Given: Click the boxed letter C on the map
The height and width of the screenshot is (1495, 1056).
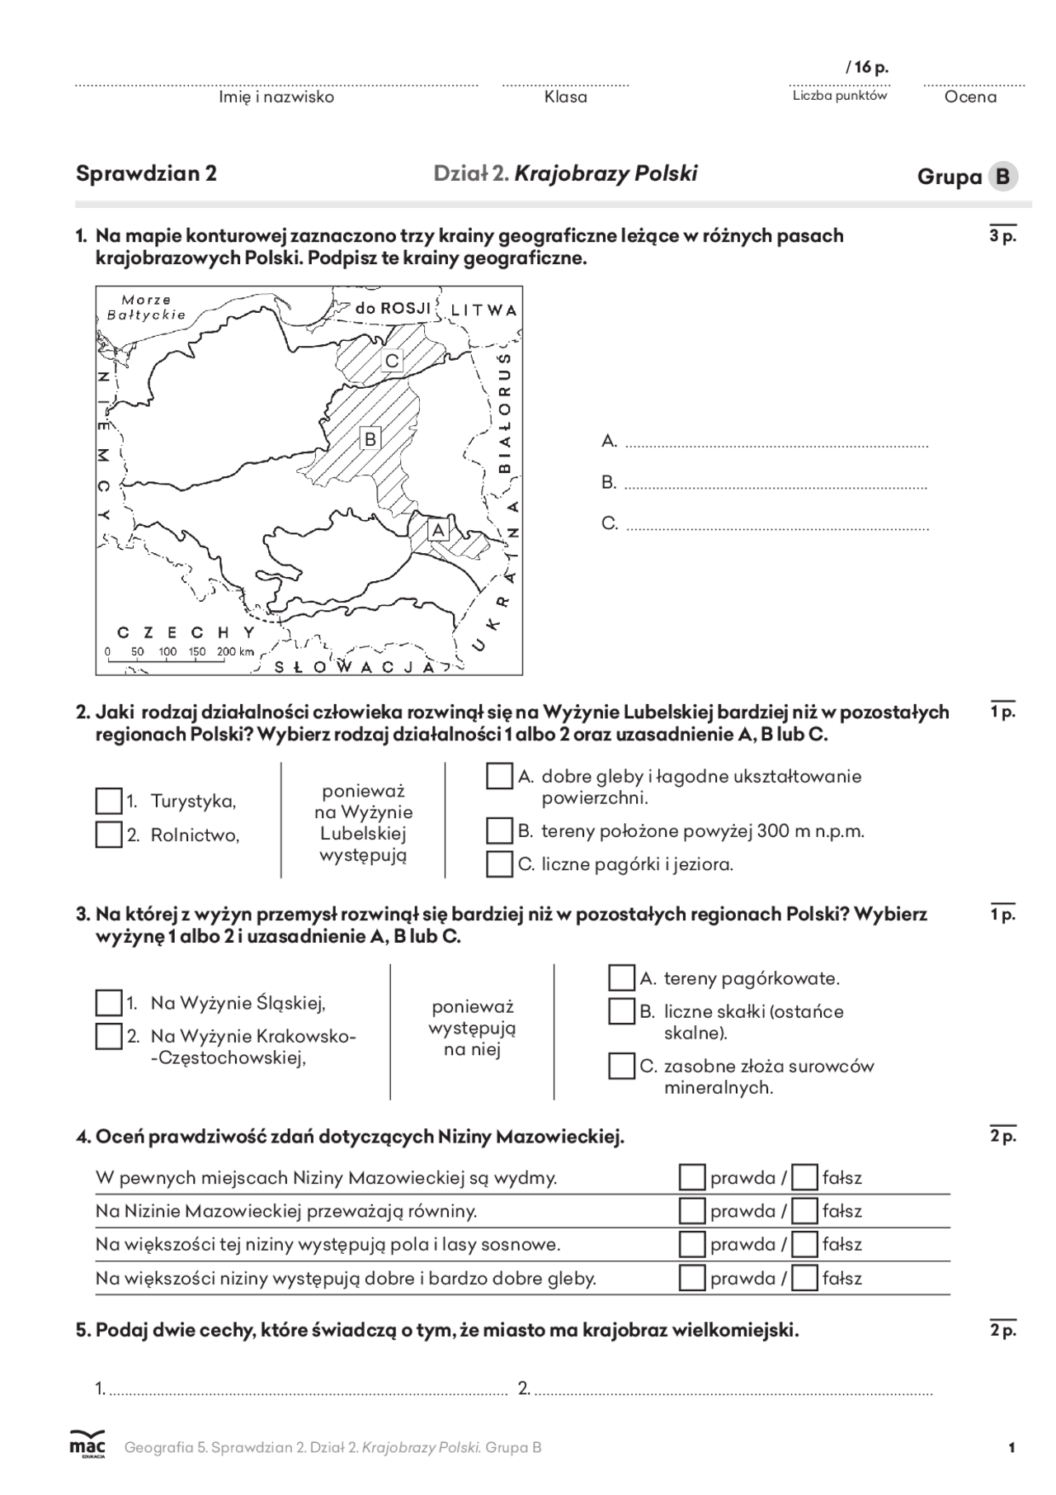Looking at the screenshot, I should click(x=392, y=361).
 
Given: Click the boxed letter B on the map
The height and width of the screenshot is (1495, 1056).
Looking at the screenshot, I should click(x=370, y=438).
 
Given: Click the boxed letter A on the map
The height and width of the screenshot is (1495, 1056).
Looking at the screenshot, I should click(x=437, y=529).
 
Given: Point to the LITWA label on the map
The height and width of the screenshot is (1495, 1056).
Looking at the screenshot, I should click(x=483, y=310).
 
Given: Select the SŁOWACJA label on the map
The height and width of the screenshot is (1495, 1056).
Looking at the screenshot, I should click(x=355, y=667).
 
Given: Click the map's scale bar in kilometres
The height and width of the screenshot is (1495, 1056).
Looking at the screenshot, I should click(x=180, y=652).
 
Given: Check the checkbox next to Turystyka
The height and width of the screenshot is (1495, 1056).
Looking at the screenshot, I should click(x=109, y=801).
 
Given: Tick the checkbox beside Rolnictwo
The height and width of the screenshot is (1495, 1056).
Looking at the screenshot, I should click(x=109, y=835).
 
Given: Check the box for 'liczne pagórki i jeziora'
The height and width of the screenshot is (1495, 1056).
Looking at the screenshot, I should click(x=499, y=864).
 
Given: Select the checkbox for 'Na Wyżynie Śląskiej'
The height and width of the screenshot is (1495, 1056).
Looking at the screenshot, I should click(x=109, y=1003).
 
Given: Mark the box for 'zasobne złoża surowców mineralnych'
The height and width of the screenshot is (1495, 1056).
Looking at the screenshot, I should click(x=621, y=1066).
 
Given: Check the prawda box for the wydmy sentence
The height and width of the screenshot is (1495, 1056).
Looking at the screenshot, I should click(x=691, y=1177).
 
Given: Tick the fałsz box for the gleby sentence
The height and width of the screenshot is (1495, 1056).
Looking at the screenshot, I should click(x=804, y=1278).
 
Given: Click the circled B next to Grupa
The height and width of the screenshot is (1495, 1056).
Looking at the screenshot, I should click(x=1002, y=177).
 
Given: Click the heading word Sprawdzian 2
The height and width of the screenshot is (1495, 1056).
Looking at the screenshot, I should click(x=146, y=173).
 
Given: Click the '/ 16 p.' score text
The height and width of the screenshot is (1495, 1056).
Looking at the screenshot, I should click(x=867, y=68).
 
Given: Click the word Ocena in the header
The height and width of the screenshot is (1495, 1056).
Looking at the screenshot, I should click(x=970, y=97).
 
